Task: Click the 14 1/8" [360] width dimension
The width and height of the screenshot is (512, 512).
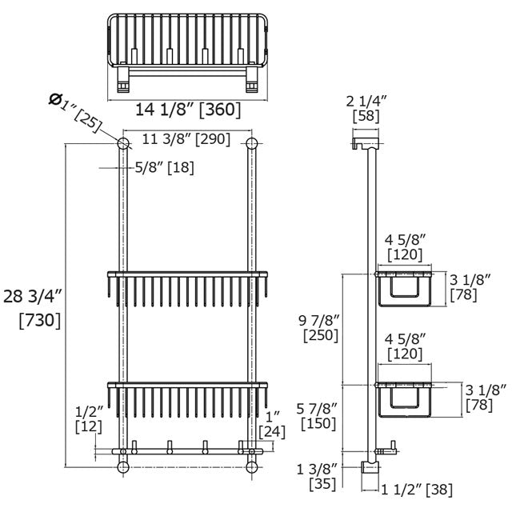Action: pos(188,110)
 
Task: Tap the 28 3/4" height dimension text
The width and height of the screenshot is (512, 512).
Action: pos(33,297)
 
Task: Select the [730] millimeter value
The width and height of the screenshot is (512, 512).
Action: pos(40,320)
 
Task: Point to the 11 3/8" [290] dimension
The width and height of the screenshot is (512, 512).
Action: pos(186,139)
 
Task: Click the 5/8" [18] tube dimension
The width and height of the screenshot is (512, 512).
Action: pos(165,167)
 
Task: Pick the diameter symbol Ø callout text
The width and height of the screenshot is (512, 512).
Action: pos(75,112)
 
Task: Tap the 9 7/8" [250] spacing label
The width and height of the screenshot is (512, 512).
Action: pos(320,329)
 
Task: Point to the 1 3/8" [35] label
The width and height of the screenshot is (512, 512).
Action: pos(317,477)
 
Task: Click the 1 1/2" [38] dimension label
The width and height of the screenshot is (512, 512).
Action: pos(417,490)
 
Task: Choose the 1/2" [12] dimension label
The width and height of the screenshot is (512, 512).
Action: pos(89,419)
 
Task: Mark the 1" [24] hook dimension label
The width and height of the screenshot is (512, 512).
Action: pos(272,425)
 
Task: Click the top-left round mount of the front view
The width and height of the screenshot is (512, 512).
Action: pos(123,143)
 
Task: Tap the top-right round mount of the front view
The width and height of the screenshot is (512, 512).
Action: pos(251,143)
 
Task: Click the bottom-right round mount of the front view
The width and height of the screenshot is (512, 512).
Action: pos(251,467)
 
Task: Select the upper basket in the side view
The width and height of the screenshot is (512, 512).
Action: pos(403,289)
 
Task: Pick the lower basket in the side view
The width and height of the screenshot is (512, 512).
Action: pos(403,400)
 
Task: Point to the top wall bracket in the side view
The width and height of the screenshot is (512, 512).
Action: pos(365,143)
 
